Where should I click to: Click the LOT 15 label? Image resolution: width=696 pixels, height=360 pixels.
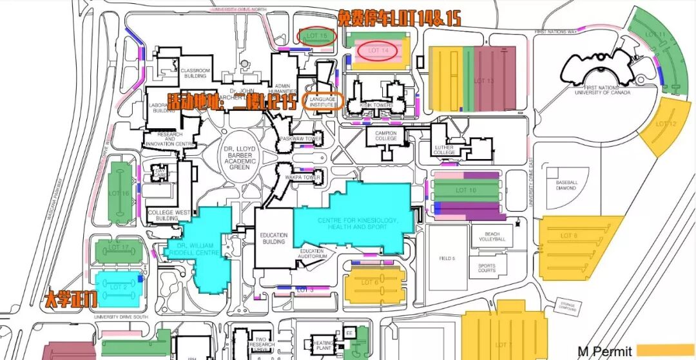tap(317, 35)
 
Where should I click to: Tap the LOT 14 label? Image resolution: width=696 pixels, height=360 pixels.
tap(378, 50)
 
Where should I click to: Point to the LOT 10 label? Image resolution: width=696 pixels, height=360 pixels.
tap(466, 190)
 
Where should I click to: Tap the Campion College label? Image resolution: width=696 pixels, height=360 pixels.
tap(386, 135)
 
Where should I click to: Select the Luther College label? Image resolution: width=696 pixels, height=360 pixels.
tap(445, 150)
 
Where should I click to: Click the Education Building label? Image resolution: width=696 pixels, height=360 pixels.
tap(274, 238)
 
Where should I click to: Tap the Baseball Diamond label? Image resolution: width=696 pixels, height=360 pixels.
tap(567, 185)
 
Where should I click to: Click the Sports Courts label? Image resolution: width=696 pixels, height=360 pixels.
tap(487, 268)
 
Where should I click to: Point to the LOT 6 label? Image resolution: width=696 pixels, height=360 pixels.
tap(369, 282)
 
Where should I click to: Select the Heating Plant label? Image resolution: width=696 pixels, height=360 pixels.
tap(322, 345)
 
